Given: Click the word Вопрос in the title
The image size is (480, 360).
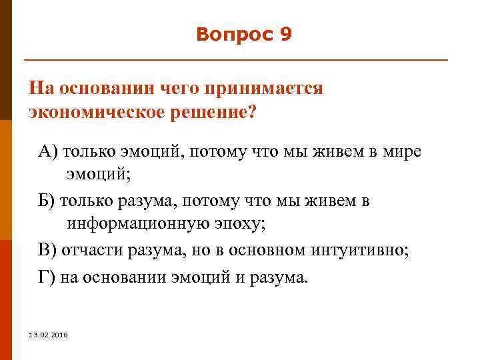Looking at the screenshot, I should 233,35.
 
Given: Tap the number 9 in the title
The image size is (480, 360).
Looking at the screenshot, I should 286,35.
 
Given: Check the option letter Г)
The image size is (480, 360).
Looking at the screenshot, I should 47,275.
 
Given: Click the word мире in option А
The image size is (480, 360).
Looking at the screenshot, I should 402,151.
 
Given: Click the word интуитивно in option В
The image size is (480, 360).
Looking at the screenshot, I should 360,250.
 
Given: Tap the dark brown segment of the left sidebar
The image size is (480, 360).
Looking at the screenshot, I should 5,60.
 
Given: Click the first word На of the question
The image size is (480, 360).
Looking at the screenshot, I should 40,89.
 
